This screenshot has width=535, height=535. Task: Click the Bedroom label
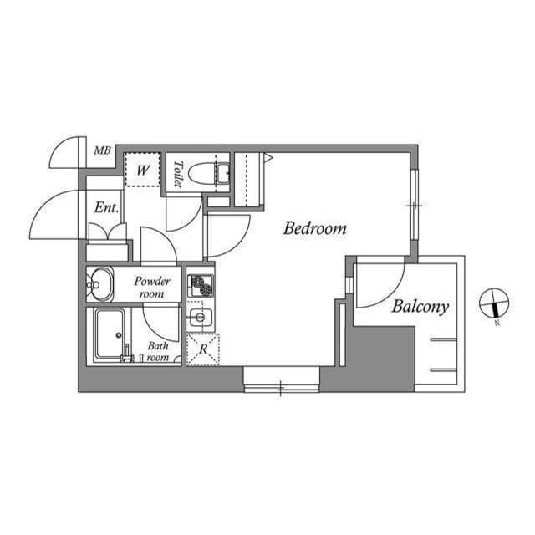314,228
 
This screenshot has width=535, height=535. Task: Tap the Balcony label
420,307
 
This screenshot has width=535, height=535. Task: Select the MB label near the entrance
102,151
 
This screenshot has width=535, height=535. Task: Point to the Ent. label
105,207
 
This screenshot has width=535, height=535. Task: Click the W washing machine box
143,171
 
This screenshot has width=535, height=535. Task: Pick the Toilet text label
178,173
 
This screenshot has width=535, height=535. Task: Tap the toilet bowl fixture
201,174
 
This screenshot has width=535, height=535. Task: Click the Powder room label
152,288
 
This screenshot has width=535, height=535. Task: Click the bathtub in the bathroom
109,334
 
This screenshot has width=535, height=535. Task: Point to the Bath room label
158,351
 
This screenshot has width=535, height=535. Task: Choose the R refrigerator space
202,349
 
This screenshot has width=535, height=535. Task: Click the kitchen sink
199,317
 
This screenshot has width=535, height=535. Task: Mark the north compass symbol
494,303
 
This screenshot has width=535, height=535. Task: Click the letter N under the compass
496,323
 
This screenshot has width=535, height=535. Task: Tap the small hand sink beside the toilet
222,173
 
